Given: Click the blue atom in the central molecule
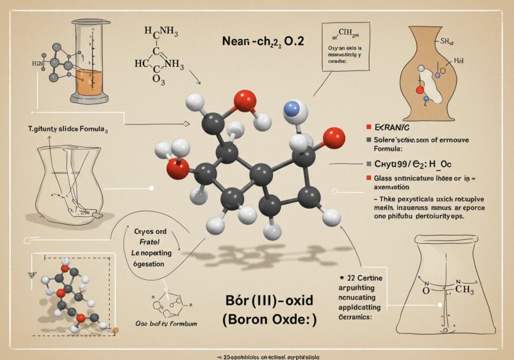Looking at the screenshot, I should (x=292, y=108).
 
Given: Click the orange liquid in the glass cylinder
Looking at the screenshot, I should (x=89, y=83).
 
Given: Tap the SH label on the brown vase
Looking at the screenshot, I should (x=444, y=41).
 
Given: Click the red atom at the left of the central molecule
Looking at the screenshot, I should (x=177, y=168).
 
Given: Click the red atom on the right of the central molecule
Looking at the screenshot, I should (x=334, y=138).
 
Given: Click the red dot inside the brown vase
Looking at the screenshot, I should (x=419, y=90).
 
